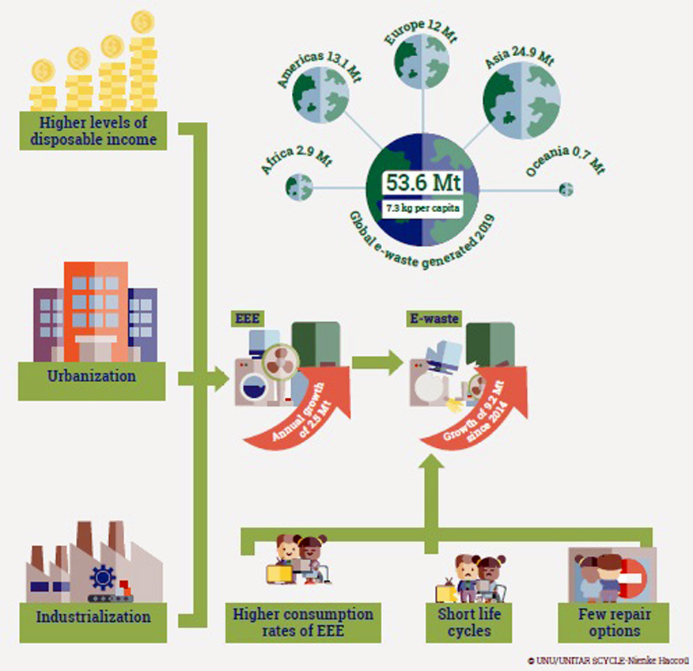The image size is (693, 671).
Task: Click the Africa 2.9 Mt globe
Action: (300, 187)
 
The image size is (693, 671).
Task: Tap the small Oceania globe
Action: (566, 189)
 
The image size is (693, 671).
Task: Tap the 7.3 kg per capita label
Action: (422, 209)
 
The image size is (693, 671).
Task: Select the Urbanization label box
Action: (92, 377)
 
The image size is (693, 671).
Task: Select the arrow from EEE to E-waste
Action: (377, 364)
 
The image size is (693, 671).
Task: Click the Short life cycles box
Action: (464, 622)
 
